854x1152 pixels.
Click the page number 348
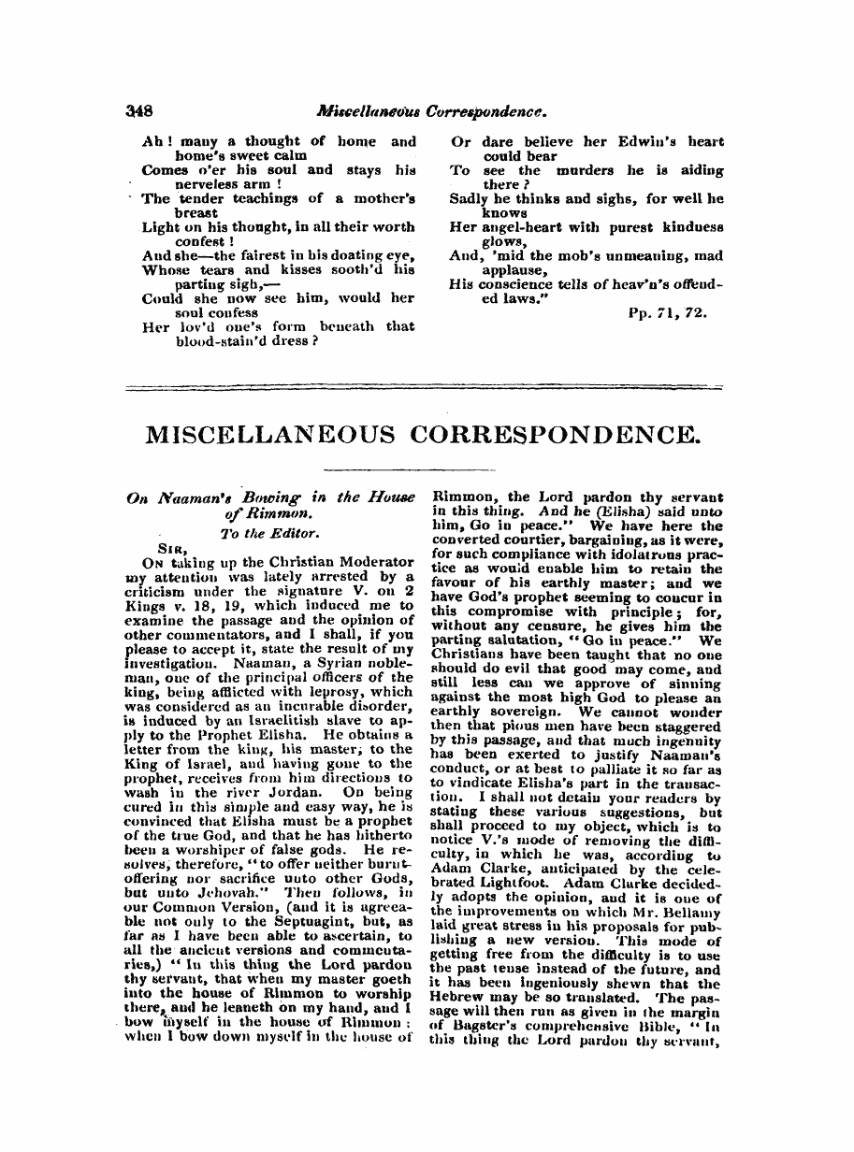point(140,109)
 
